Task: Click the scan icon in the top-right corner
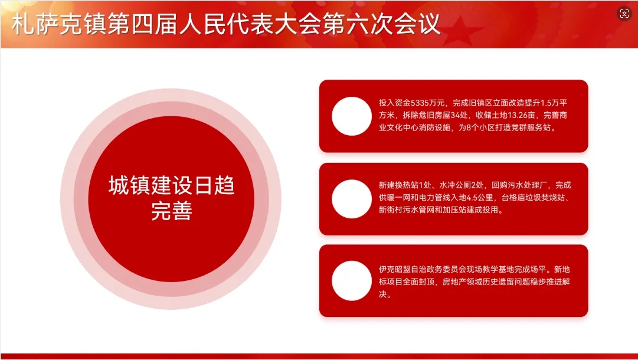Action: click(x=624, y=14)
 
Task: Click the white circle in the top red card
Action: click(x=352, y=116)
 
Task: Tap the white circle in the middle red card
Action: click(x=352, y=199)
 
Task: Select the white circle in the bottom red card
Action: click(x=352, y=281)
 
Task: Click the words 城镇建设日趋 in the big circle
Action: click(x=172, y=185)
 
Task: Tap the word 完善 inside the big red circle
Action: click(x=172, y=211)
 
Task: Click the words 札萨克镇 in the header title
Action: click(x=59, y=24)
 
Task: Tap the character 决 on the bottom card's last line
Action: click(x=382, y=294)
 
